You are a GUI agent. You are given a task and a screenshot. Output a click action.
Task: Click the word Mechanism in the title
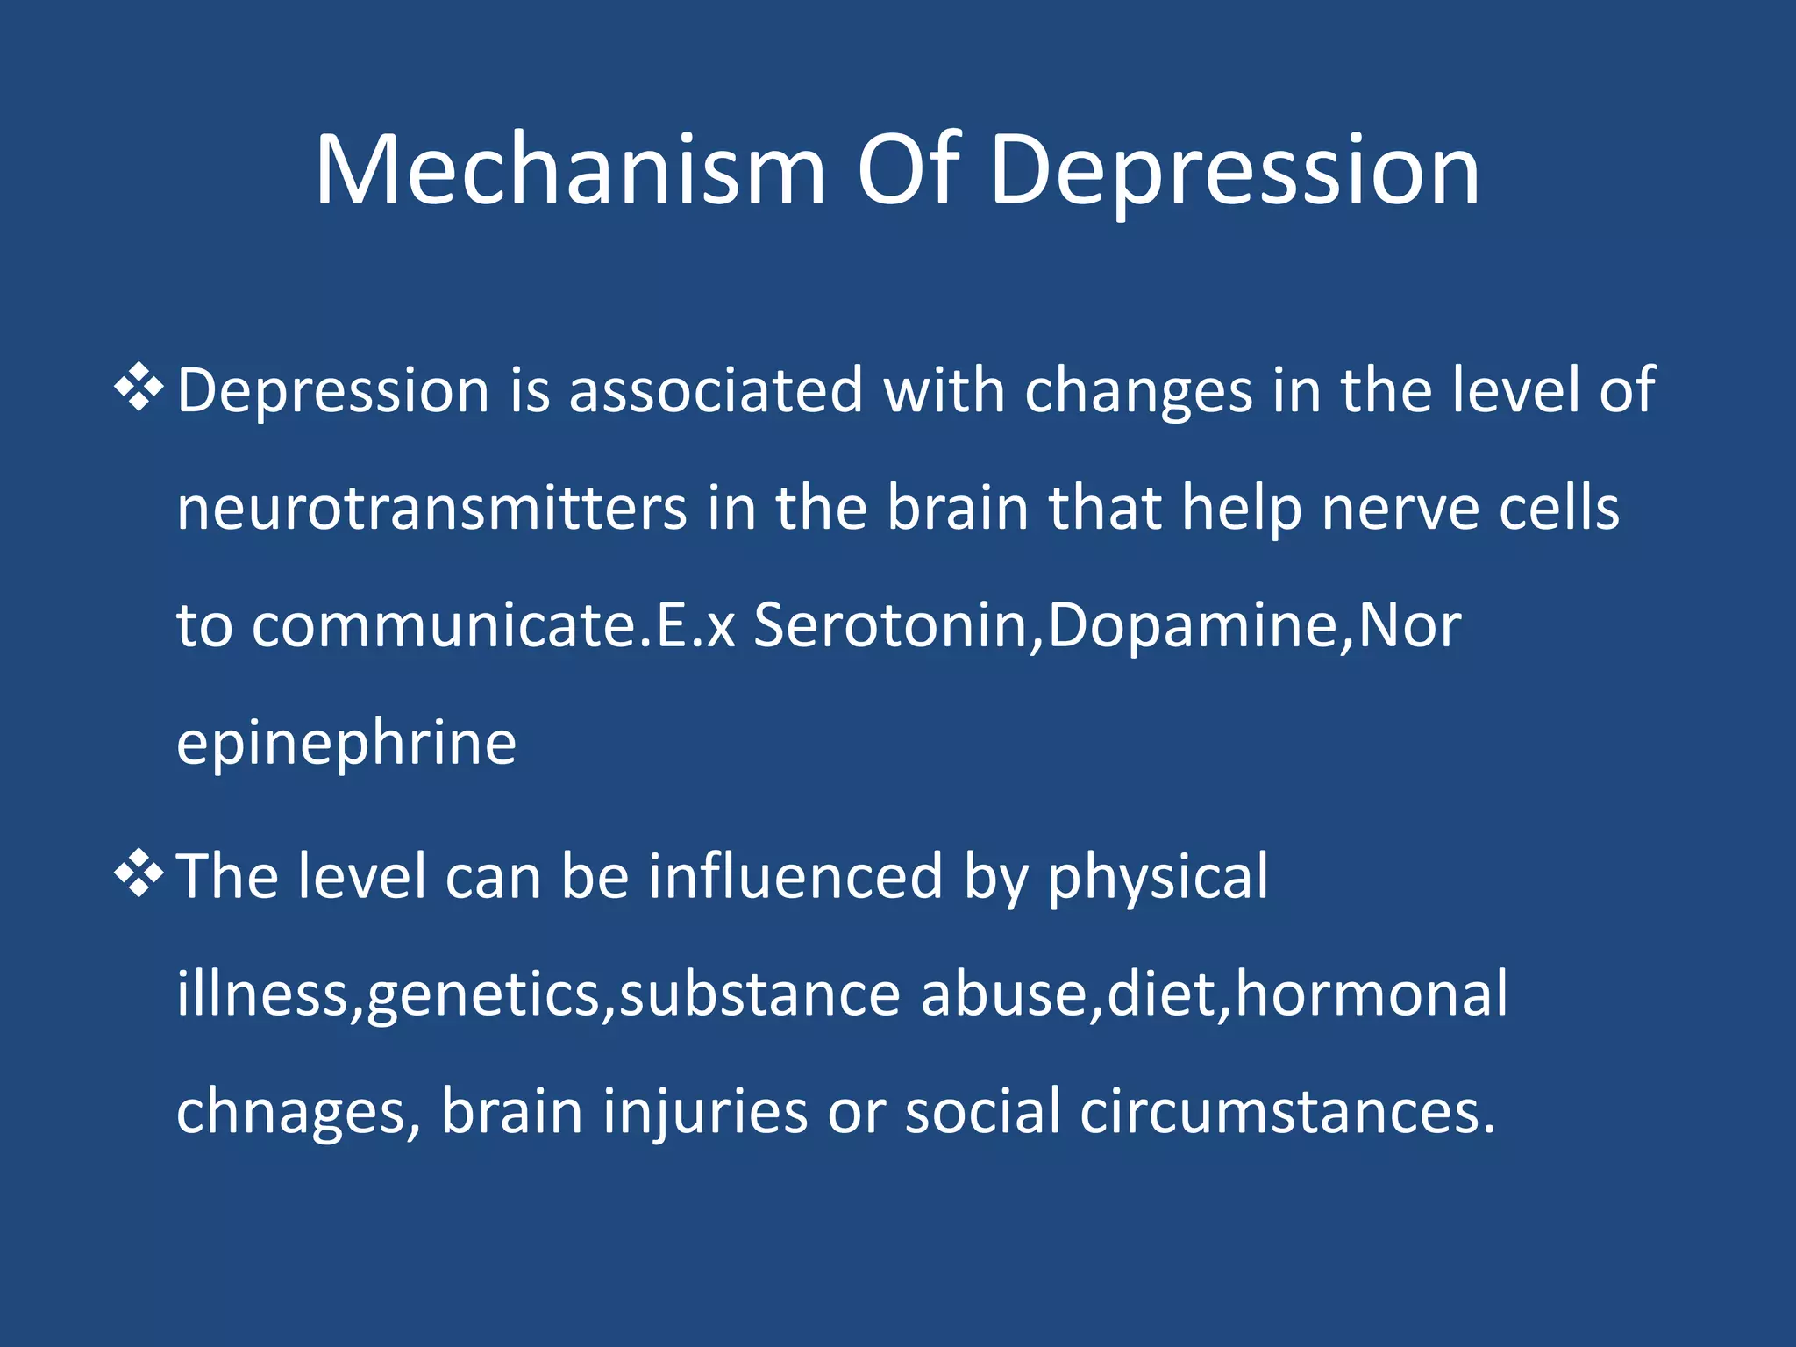coord(570,170)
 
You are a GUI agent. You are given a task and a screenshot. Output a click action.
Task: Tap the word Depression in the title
coord(1235,172)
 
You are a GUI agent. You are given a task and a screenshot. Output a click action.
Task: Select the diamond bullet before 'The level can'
coord(139,874)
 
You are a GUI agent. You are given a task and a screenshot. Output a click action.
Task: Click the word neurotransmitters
coord(431,508)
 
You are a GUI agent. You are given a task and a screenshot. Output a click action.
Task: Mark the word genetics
coord(483,995)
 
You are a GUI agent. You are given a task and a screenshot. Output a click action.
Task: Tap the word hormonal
coord(1372,994)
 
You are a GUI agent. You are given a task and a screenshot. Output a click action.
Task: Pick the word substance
coord(759,994)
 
